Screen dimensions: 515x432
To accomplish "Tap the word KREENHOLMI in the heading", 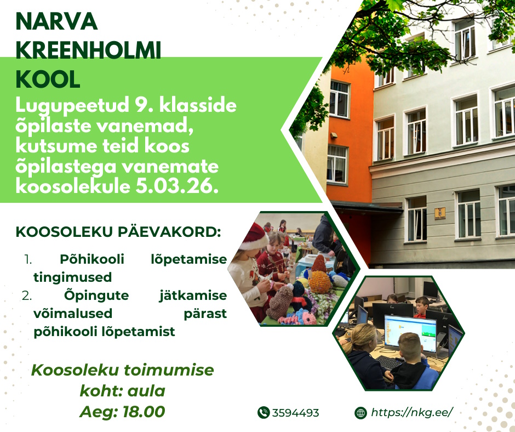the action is [x=88, y=50].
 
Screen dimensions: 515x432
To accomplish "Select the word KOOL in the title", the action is [x=48, y=79].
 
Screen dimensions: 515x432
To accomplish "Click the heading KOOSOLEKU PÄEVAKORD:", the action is [x=118, y=232].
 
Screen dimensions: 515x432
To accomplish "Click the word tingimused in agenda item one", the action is [x=72, y=277].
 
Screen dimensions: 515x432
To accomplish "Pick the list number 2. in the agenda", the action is [x=27, y=295].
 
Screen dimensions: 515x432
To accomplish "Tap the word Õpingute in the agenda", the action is [x=96, y=295].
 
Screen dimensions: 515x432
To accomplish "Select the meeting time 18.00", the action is [x=144, y=412].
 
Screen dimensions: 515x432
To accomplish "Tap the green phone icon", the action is [x=264, y=412].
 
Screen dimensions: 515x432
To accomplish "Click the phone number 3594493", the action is [x=296, y=413].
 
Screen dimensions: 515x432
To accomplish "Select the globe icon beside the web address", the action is [x=360, y=413].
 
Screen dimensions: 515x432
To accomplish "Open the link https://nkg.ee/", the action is [x=412, y=412].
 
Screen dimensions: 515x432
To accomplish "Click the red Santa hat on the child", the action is [x=253, y=236].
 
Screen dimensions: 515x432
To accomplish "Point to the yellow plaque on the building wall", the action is [x=440, y=213].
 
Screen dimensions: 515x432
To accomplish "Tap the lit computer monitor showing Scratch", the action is [x=410, y=333].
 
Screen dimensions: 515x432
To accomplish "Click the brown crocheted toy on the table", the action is [x=279, y=302].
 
